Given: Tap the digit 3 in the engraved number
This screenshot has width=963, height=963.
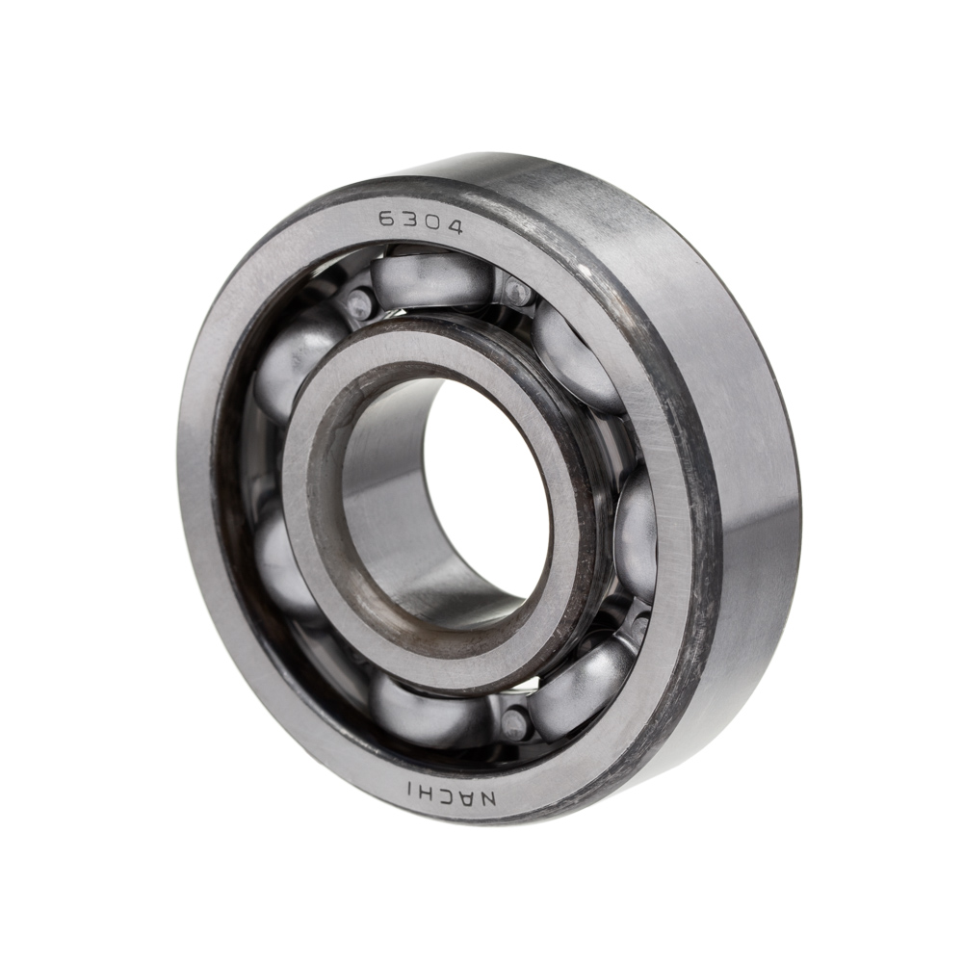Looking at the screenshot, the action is coord(409,221).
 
